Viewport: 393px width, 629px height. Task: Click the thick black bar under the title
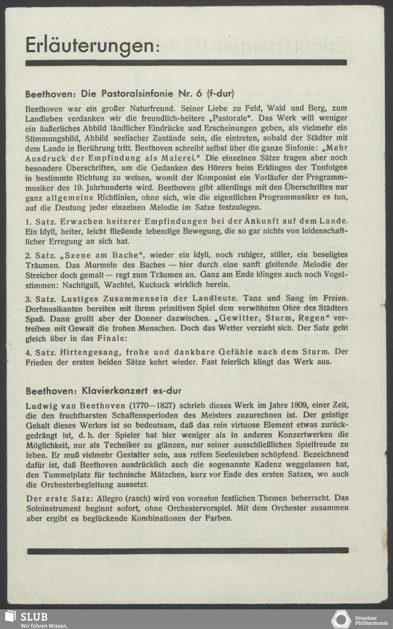[186, 63]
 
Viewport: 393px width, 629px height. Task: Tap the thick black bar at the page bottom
[188, 551]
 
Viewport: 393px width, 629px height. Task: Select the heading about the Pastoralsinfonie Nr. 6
[130, 94]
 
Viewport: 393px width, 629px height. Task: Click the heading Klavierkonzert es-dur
[103, 391]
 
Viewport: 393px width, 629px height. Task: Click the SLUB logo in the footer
[28, 619]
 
